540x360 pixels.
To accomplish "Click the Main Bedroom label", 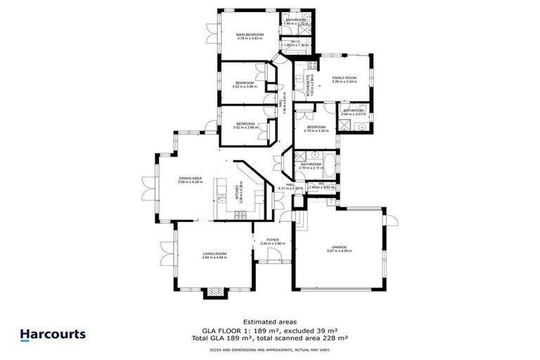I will click(x=250, y=34).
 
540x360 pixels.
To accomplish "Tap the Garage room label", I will click(x=340, y=247).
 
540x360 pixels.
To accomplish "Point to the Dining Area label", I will click(x=190, y=179).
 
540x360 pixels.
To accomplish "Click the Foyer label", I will click(x=272, y=240).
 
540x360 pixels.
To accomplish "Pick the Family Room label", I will click(x=345, y=77).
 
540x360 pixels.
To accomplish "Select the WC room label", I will click(x=321, y=184).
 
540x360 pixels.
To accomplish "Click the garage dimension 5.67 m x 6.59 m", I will click(x=340, y=251).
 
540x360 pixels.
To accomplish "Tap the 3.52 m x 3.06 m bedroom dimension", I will click(x=245, y=86).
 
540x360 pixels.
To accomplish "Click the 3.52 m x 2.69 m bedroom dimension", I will click(x=245, y=128).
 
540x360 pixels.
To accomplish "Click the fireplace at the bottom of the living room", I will click(x=212, y=292).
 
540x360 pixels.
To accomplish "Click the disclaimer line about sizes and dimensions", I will click(x=269, y=349).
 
